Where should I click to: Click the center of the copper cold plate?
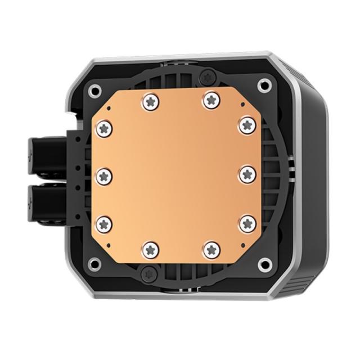coord(176,176)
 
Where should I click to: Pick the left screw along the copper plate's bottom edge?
coord(149,249)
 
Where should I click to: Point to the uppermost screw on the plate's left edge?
coord(105,129)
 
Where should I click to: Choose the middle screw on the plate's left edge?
coord(105,176)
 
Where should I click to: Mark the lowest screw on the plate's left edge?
coord(105,223)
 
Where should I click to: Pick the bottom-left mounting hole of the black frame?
coord(95,263)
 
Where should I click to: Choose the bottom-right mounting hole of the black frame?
coord(263,264)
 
